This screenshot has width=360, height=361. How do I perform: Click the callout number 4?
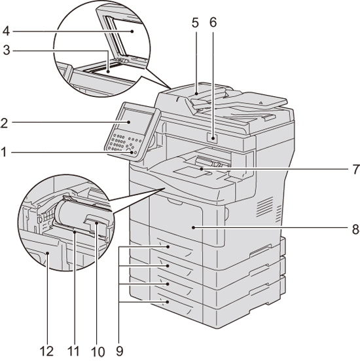point(6,31)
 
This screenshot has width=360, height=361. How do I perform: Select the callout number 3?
point(7,50)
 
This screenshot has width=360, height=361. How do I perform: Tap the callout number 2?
point(4,123)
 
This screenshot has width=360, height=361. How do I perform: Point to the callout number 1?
point(3,152)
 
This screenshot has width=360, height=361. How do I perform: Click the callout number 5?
point(195,22)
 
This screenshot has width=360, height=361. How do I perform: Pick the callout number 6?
point(213,22)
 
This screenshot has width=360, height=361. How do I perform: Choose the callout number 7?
point(356,170)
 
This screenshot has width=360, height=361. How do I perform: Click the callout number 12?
point(46,352)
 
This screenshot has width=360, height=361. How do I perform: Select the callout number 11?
point(73,352)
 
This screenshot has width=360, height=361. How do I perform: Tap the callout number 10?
point(98,352)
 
